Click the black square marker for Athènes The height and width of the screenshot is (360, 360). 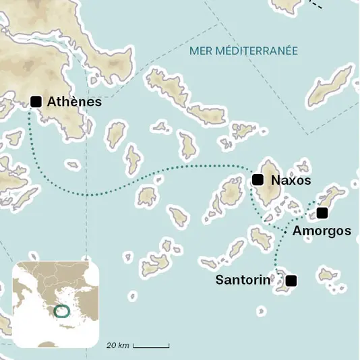36,102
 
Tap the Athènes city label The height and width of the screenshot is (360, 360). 74,102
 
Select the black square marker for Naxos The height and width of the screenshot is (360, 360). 257,179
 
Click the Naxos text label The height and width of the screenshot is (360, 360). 291,181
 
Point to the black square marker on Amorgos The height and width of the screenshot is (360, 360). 322,213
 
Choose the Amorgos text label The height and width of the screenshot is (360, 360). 322,231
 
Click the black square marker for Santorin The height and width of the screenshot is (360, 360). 291,280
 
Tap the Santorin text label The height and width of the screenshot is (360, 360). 243,279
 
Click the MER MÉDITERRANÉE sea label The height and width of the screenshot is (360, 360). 243,51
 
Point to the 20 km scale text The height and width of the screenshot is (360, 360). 118,345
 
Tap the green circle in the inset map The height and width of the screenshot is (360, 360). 62,311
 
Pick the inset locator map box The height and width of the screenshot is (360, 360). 56,304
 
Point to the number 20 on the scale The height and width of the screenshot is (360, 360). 111,345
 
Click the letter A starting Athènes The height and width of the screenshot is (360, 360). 53,102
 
